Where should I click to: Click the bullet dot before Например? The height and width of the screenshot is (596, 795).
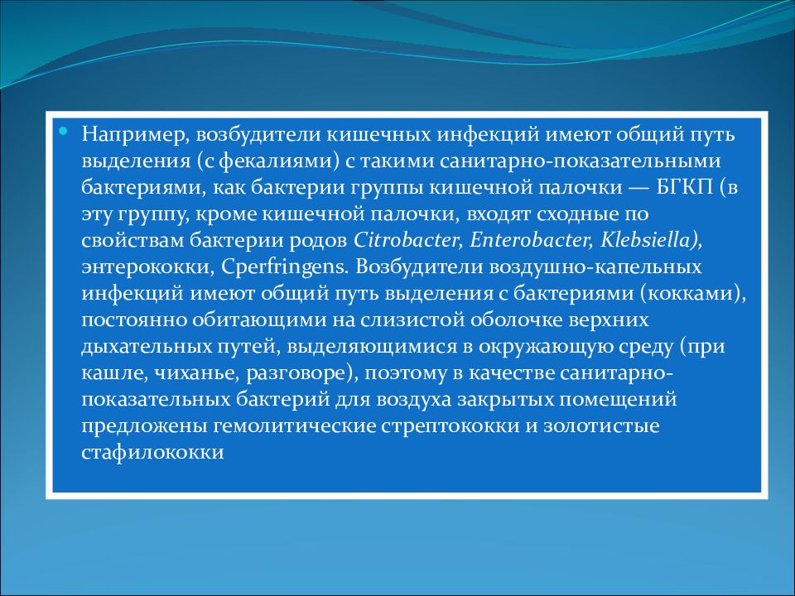click(65, 131)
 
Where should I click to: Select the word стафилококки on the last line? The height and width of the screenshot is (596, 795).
click(153, 453)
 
